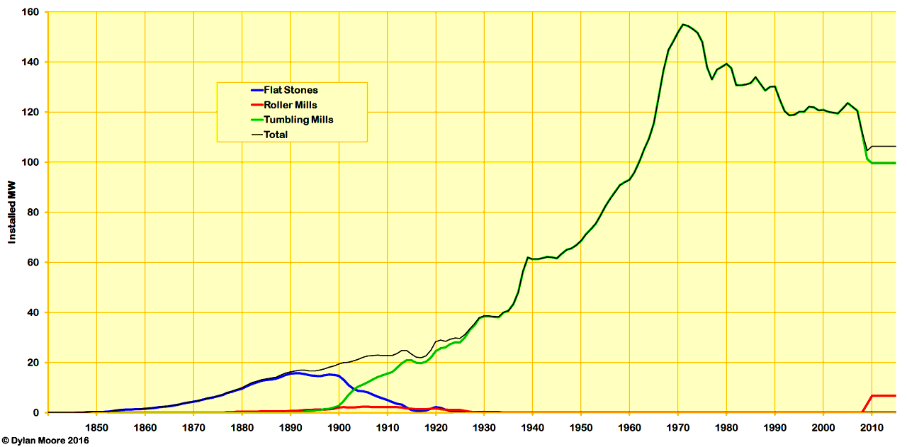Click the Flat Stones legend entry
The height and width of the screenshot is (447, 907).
tap(291, 90)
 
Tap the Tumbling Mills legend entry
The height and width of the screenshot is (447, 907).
tap(298, 120)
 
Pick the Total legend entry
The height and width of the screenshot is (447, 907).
tap(276, 135)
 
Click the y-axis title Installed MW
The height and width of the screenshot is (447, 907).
tap(12, 213)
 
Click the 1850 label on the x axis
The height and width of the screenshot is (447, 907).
tap(96, 427)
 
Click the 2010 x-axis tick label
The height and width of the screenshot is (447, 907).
tap(872, 427)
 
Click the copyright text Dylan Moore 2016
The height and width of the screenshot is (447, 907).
tap(46, 441)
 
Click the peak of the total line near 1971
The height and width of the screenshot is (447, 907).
tap(682, 25)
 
